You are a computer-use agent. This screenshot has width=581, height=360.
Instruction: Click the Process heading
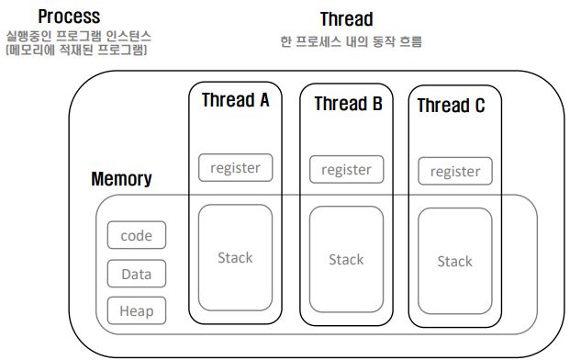coord(69,17)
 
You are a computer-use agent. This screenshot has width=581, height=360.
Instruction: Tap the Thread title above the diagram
coord(346,19)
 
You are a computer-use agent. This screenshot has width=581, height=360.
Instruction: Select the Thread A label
coord(235,100)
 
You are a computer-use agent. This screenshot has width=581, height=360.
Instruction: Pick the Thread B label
coord(348,103)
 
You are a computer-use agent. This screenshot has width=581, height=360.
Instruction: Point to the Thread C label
coord(451,106)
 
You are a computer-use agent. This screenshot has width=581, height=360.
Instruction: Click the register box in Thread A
coord(235,167)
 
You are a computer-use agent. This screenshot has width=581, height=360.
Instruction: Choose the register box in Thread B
coord(346,169)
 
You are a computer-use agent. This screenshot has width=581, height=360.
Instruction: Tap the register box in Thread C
coord(455,172)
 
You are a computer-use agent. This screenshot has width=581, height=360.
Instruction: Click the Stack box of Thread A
coord(235,258)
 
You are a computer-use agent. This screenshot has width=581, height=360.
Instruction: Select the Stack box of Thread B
coord(346,260)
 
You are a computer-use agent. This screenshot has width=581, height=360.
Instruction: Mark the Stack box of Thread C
coord(455,261)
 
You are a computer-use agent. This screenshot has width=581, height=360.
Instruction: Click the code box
coord(137,235)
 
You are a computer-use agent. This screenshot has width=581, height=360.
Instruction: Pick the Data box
coord(137,274)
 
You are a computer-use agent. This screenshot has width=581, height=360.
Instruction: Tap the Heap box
coord(137,310)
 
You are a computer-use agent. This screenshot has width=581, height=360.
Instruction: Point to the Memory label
coord(121,179)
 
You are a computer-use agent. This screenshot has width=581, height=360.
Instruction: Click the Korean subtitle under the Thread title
coord(351,41)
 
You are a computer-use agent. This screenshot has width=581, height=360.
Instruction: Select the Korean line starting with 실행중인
coord(79,36)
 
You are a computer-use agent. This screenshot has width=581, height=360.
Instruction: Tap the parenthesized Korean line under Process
coord(77,50)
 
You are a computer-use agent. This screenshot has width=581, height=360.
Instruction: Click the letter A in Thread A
coord(264,100)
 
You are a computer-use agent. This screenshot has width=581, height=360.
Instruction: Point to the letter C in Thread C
coord(480,106)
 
